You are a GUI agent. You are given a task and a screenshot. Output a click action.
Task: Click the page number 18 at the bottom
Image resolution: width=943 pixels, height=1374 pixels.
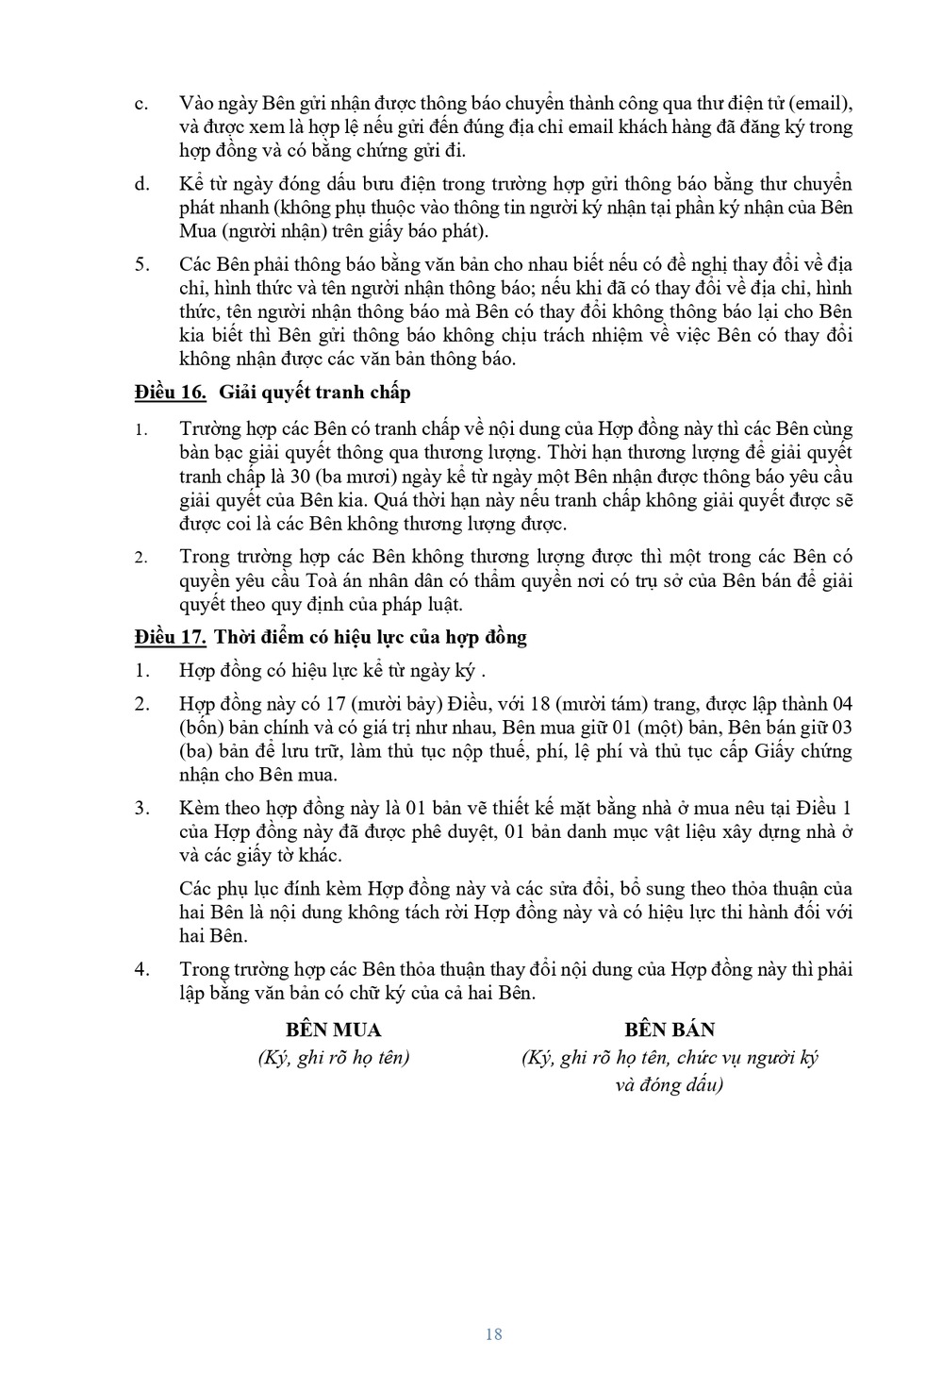[493, 1333]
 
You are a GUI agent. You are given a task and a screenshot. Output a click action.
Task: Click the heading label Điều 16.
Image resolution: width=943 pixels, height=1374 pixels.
[171, 391]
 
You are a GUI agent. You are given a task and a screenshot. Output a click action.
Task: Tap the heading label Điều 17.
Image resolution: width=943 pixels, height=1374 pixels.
[171, 637]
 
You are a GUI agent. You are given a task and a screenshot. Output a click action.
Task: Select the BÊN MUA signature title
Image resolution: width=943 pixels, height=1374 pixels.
[334, 1030]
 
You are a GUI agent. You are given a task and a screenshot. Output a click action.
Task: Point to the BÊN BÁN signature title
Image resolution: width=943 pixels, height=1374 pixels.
[670, 1030]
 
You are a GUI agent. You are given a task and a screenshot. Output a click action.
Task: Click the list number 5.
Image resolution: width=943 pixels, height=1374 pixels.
[141, 263]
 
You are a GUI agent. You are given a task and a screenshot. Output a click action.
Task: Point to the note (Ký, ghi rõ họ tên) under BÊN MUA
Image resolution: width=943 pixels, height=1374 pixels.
[334, 1057]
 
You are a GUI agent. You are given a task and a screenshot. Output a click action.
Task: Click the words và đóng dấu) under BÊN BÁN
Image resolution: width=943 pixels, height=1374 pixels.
[669, 1084]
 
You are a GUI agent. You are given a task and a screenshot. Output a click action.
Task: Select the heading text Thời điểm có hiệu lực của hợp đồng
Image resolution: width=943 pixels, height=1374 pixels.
[371, 637]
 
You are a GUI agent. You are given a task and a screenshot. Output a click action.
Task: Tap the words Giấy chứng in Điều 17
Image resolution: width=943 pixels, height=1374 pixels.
[800, 751]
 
